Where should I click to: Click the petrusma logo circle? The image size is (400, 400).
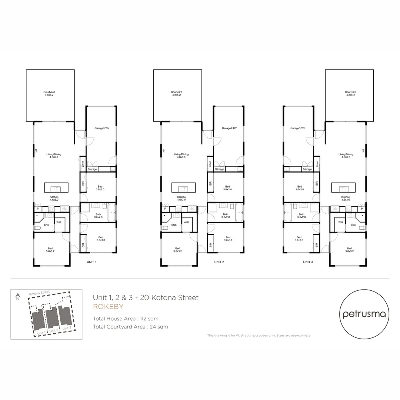(x=364, y=314)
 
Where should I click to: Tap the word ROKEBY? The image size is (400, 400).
(x=108, y=307)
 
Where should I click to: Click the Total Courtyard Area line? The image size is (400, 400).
(x=130, y=327)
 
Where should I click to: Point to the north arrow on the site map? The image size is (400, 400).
(x=17, y=296)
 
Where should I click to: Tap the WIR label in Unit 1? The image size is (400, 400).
(x=59, y=223)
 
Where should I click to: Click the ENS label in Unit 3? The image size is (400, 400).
(x=353, y=225)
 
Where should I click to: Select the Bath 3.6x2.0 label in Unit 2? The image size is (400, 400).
(x=225, y=216)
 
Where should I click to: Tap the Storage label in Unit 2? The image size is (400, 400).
(x=220, y=169)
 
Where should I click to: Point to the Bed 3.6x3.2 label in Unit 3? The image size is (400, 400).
(x=349, y=250)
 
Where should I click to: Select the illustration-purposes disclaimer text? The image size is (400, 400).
(x=259, y=336)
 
